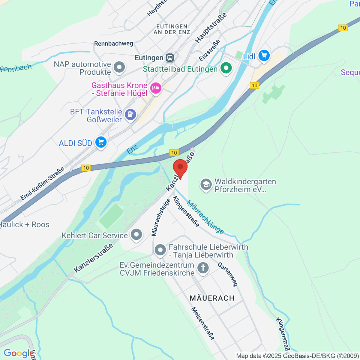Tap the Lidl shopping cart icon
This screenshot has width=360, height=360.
click(x=264, y=56)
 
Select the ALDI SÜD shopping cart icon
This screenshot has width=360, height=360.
click(x=101, y=142)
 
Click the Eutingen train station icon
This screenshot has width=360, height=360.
click(x=170, y=58)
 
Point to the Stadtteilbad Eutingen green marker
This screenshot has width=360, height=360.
click(x=226, y=68)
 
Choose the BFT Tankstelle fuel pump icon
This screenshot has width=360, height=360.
click(x=130, y=115)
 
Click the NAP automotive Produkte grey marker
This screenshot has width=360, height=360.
click(x=120, y=67)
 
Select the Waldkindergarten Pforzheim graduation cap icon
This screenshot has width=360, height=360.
click(x=206, y=185)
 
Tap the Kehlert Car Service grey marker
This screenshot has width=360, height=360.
click(x=136, y=235)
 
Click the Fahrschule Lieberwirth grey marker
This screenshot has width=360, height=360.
click(x=160, y=250)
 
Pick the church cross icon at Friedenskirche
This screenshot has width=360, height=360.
click(x=203, y=268)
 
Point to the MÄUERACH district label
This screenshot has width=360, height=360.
click(x=212, y=298)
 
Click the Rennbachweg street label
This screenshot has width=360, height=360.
click(x=114, y=43)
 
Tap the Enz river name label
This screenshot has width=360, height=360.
click(x=132, y=149)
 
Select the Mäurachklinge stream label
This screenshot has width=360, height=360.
click(x=205, y=217)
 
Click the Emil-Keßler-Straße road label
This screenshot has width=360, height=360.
click(x=42, y=184)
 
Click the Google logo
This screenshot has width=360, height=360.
click(x=19, y=353)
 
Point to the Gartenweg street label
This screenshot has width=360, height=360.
click(x=228, y=274)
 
